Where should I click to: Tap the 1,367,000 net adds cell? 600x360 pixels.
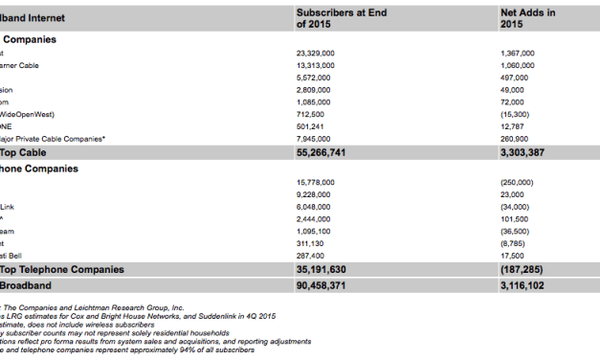click(517, 54)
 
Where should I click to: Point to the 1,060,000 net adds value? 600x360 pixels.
click(517, 66)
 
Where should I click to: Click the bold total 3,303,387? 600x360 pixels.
click(522, 152)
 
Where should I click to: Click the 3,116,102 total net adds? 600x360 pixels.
click(522, 285)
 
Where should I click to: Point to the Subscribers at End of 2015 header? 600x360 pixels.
click(341, 18)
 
